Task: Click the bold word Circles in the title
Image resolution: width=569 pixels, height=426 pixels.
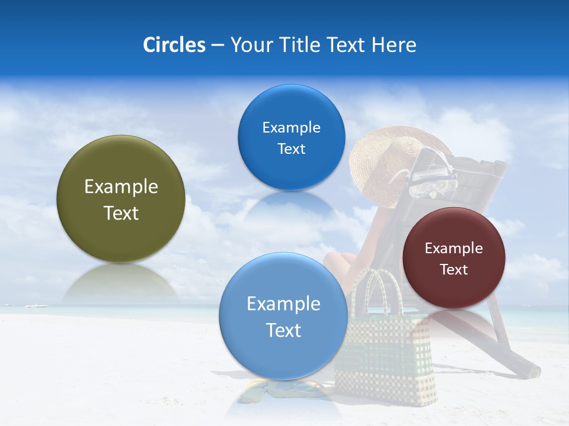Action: point(174,45)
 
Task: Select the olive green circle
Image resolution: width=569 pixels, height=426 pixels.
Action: point(121,199)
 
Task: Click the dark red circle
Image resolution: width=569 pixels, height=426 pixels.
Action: point(453,258)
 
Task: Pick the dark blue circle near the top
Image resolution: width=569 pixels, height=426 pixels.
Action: point(291,137)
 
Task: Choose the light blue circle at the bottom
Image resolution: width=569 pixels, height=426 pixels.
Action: point(283,316)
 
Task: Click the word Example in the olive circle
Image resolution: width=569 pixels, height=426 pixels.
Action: point(121,187)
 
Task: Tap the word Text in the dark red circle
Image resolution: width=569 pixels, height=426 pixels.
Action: point(454,270)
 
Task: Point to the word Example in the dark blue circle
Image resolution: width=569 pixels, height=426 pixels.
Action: point(291,128)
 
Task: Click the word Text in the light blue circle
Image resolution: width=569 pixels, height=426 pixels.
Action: point(283,330)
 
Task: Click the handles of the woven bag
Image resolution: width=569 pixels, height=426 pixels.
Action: point(379,290)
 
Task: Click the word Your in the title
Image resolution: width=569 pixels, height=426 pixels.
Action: point(249,45)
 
